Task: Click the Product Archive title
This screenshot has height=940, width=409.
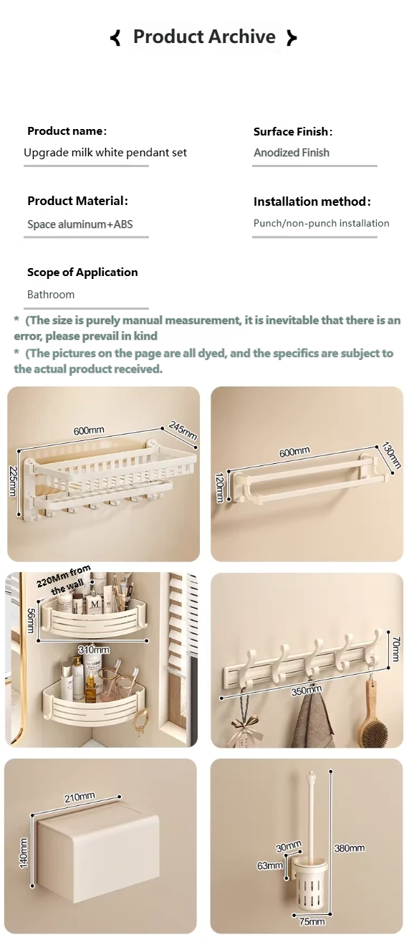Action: [x=204, y=37]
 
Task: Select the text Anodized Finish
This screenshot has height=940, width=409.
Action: [x=292, y=152]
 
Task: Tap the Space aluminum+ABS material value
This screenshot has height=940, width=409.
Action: [x=80, y=224]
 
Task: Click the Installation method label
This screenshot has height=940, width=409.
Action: [x=312, y=201]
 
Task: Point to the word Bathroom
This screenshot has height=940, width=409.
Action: [x=51, y=294]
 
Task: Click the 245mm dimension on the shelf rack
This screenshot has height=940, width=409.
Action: [x=183, y=430]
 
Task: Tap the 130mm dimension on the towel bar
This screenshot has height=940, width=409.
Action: [x=391, y=455]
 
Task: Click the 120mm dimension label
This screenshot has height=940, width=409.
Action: [x=219, y=486]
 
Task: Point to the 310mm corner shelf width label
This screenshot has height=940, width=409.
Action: [x=94, y=650]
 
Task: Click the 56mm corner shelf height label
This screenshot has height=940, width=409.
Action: [x=31, y=621]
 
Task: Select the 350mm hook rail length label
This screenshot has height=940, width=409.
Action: [x=307, y=690]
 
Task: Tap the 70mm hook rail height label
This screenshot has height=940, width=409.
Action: [x=396, y=649]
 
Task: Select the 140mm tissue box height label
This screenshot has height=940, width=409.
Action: [x=24, y=853]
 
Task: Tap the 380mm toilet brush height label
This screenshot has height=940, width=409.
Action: [x=349, y=848]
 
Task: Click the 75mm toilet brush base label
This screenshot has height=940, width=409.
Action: [x=312, y=921]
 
